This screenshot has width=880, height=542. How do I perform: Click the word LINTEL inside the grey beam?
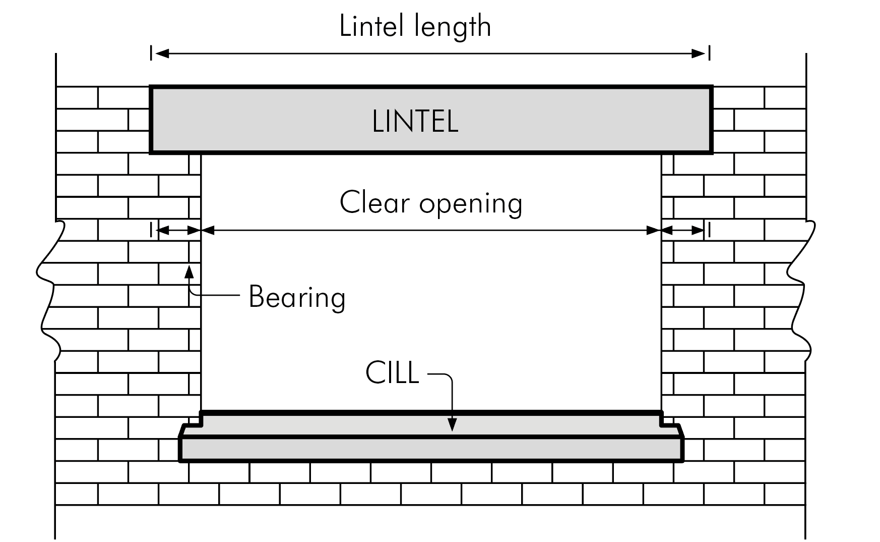pos(415,122)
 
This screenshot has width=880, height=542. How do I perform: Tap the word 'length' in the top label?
pos(452,27)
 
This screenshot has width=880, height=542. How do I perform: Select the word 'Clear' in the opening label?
pos(374,202)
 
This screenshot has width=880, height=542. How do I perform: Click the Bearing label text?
pos(297,297)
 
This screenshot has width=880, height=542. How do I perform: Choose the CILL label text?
pos(392,373)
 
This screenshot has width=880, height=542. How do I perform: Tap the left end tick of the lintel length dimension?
pos(151,53)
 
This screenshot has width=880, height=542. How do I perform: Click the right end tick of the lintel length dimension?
pos(710,53)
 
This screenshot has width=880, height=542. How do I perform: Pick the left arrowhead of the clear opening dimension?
pos(208,231)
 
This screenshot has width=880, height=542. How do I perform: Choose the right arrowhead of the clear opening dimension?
pos(654,231)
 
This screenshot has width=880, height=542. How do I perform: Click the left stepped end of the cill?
pos(192,426)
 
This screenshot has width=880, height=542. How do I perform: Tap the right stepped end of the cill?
pos(672,426)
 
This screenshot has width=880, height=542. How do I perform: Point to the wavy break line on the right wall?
pos(801,288)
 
